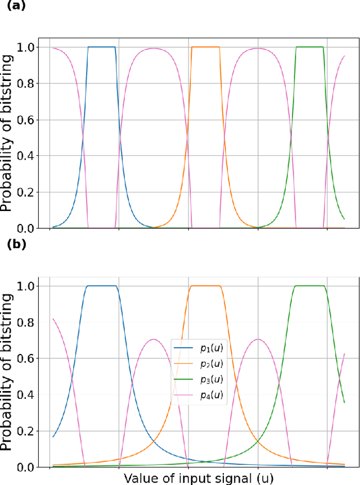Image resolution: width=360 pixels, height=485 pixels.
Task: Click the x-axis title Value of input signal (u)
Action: (x=197, y=478)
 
